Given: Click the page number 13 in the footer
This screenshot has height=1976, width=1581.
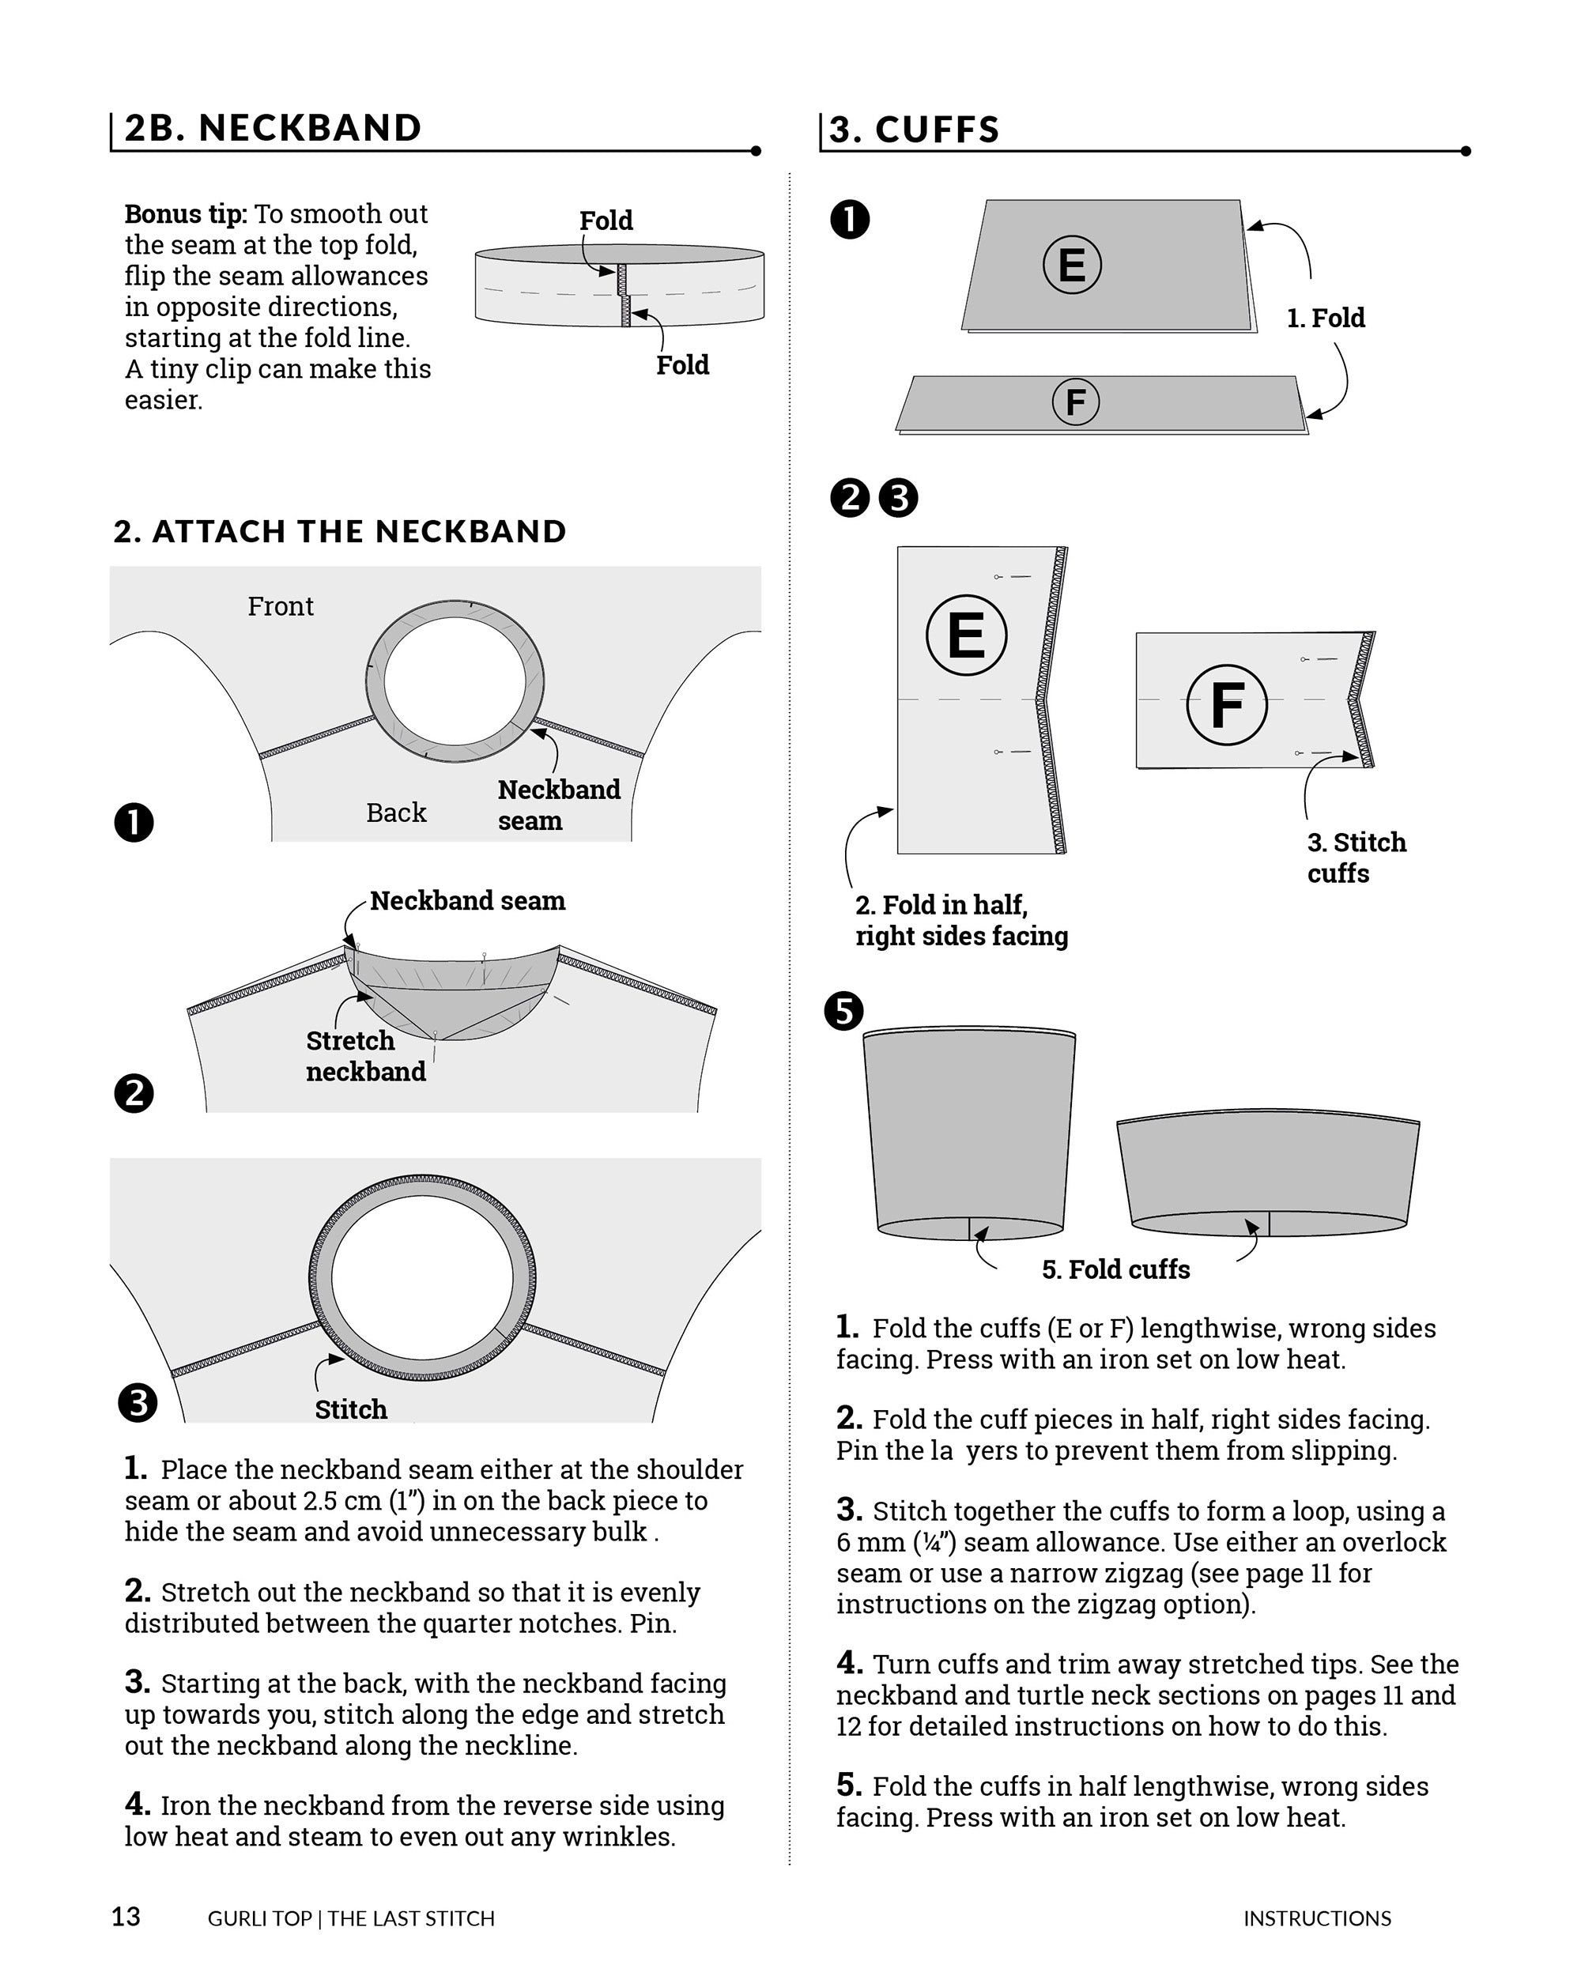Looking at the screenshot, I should (126, 1917).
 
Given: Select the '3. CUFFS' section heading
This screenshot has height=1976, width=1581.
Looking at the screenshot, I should (914, 130).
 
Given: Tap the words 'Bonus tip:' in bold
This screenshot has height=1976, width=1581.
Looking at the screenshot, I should (185, 214).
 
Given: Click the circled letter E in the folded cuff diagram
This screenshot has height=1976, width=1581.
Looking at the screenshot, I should (1071, 265).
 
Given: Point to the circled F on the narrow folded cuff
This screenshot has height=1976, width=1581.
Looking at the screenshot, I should (1075, 402).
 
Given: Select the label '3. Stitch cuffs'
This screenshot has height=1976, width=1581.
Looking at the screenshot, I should (1356, 857).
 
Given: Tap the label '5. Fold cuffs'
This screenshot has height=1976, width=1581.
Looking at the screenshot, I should (1115, 1269).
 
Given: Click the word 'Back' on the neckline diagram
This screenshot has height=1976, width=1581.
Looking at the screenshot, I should (396, 813).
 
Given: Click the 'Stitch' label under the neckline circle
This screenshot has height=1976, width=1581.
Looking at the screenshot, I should (350, 1409).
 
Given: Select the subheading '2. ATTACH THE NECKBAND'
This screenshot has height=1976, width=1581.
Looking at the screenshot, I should (340, 532).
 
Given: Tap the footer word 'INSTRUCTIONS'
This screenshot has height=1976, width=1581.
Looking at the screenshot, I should (1316, 1918).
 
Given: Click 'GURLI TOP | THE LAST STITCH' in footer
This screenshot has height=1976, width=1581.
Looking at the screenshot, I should (351, 1918).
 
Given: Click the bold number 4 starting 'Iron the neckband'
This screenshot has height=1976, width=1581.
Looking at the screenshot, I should (138, 1804).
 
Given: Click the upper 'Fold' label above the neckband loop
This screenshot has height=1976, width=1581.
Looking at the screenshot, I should (606, 221).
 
